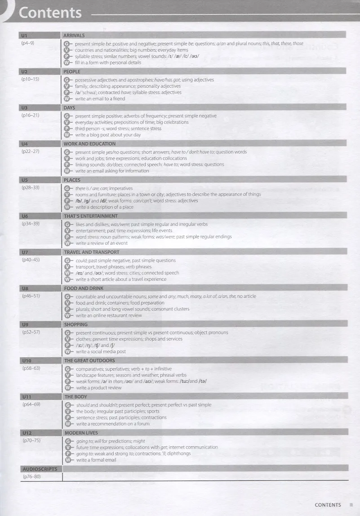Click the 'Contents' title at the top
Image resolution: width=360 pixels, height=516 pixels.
[50, 13]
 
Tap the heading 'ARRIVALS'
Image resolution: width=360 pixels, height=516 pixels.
[74, 35]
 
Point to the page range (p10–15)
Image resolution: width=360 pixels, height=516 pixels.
[30, 79]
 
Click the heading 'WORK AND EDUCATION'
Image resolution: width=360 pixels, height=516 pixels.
[89, 144]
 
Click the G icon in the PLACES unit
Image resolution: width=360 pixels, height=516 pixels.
[67, 188]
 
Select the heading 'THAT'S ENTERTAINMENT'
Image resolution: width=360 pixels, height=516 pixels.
[92, 216]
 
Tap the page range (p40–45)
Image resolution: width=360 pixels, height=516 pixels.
[30, 260]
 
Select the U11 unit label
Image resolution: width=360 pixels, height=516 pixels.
[26, 397]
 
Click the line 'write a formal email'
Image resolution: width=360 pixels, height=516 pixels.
[96, 460]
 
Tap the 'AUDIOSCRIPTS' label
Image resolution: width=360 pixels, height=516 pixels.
[40, 469]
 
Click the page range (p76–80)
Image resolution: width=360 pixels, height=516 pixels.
[31, 476]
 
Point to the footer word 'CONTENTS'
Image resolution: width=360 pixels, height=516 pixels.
[328, 505]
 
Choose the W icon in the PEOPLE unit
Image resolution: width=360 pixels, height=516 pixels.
[67, 99]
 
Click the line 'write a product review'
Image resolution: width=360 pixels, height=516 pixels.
[99, 387]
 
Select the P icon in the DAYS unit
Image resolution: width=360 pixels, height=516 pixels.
[67, 128]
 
